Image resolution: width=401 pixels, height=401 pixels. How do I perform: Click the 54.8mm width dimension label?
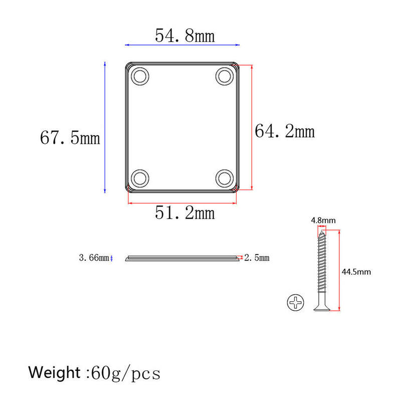click(184, 36)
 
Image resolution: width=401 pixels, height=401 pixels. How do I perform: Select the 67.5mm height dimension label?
click(70, 138)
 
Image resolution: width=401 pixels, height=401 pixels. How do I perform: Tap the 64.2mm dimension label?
click(285, 131)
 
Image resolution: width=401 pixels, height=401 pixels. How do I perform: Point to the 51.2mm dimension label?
click(184, 213)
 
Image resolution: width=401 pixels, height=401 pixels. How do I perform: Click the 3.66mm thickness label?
click(93, 258)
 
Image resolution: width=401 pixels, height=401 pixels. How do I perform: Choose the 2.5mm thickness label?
click(257, 258)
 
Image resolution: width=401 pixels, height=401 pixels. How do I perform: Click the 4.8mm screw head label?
click(323, 220)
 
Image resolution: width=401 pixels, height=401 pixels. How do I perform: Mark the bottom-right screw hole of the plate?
click(224, 178)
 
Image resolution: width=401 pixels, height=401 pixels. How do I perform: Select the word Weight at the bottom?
click(54, 373)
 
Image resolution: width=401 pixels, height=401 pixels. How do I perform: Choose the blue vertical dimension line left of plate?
click(104, 127)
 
